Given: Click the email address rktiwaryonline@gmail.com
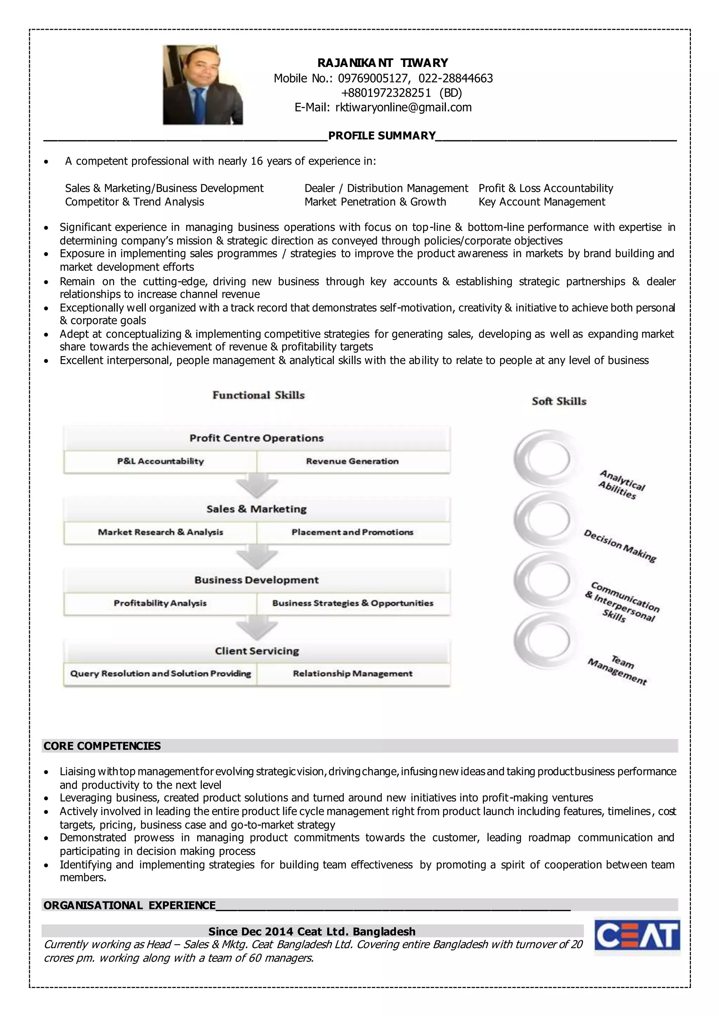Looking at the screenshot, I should [403, 108].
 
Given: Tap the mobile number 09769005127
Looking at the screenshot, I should [372, 78].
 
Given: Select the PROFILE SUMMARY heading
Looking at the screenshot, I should [382, 136].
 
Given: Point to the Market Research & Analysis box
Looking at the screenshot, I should [160, 532].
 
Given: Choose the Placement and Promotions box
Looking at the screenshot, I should [352, 532].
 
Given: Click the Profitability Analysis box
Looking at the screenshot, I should [160, 603].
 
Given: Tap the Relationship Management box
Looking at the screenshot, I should [352, 674].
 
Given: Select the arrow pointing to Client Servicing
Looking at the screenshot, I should [257, 629].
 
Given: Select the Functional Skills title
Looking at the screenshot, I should [258, 395].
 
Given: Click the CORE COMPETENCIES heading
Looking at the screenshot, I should [102, 746].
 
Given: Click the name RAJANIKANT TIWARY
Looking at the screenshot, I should [383, 63].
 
